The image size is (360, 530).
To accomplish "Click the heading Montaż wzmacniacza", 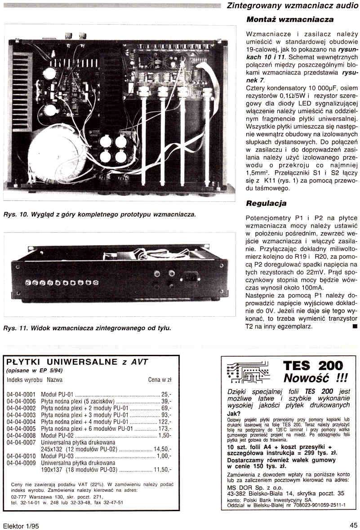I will (x=290, y=19).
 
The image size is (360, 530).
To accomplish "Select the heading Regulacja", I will (x=266, y=203).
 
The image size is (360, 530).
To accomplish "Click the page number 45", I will (x=353, y=524).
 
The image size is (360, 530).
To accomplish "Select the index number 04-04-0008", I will (x=21, y=436).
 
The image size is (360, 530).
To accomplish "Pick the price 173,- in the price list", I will (x=163, y=429).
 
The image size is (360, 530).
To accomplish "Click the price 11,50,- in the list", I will (x=161, y=470).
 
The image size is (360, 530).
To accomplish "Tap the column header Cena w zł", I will (x=160, y=380).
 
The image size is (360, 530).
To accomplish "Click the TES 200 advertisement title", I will (x=313, y=365).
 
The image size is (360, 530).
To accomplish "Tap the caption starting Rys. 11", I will (x=87, y=328).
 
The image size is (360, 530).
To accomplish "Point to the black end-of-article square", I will (x=355, y=326).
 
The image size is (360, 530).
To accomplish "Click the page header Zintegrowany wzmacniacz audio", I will (x=292, y=6).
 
